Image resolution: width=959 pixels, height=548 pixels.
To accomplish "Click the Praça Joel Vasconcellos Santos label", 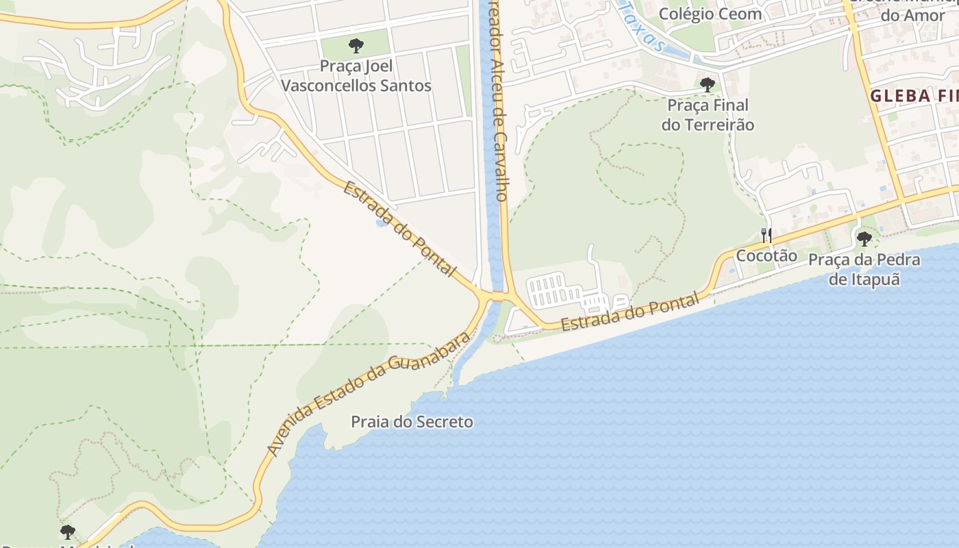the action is point(356,76).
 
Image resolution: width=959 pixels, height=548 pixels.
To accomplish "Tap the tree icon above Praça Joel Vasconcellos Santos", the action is point(356,46).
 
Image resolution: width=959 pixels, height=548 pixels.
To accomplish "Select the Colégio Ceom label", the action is point(710,14).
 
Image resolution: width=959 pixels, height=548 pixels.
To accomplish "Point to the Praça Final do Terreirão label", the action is point(708,115).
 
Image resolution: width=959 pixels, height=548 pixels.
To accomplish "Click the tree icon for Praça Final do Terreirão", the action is point(707,85).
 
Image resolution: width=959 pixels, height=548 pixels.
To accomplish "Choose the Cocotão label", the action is point(767,256).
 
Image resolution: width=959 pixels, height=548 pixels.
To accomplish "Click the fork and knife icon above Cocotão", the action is point(767,236).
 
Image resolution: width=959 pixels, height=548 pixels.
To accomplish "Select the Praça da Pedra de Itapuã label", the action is point(864,269).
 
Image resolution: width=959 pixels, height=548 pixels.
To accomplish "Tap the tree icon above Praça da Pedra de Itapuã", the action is point(864,239).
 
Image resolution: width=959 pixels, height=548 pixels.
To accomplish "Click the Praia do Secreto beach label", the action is point(412,422).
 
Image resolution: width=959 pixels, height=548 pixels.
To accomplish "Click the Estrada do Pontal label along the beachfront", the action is point(630,312).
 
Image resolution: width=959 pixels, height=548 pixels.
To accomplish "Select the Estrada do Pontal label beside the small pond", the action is point(399,229).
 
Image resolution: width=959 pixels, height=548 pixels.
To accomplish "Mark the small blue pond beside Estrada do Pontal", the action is point(380,223).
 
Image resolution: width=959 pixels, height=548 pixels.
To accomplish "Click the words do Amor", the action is point(916,15).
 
